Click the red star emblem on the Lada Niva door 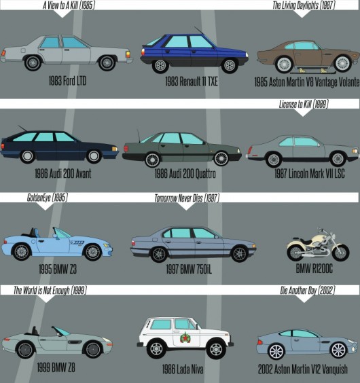185,338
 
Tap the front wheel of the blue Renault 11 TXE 230,65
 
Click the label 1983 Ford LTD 67,81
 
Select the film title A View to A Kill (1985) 69,5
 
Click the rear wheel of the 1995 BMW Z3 22,251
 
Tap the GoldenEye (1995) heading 47,198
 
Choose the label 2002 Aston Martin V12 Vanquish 303,369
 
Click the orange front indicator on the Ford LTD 128,54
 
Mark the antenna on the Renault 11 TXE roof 199,31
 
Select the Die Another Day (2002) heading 308,291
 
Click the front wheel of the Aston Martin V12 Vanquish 338,350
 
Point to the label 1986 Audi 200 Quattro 185,174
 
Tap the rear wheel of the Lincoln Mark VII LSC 274,160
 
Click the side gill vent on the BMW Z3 77,242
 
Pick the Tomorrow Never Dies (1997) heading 187,198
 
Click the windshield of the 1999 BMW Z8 61,331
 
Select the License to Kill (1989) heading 304,104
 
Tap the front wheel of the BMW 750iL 240,253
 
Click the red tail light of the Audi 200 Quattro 126,149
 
